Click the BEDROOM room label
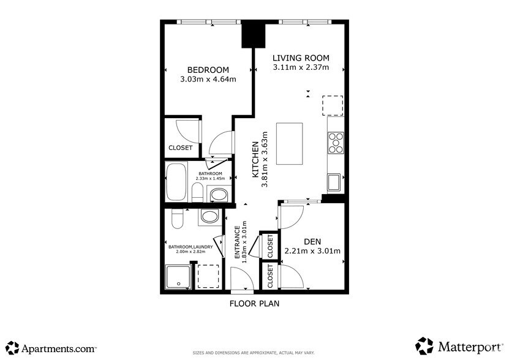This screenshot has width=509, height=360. pyautogui.click(x=208, y=69)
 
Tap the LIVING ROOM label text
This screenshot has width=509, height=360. pyautogui.click(x=301, y=58)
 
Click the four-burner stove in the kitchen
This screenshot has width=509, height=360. pyautogui.click(x=335, y=142)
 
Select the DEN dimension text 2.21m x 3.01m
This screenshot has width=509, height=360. pyautogui.click(x=312, y=250)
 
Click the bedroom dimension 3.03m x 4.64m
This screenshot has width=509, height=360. pyautogui.click(x=208, y=79)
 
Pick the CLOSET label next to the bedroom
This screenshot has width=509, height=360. pyautogui.click(x=181, y=148)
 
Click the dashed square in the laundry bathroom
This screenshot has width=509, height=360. pyautogui.click(x=208, y=276)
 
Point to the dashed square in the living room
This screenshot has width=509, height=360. pyautogui.click(x=334, y=105)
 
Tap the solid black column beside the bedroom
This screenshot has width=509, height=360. pyautogui.click(x=252, y=34)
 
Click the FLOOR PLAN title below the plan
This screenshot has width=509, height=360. pyautogui.click(x=255, y=303)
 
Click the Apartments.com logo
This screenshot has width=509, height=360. pyautogui.click(x=51, y=348)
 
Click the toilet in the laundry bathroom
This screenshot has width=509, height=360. pyautogui.click(x=177, y=219)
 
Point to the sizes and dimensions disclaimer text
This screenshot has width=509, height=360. pyautogui.click(x=254, y=353)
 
